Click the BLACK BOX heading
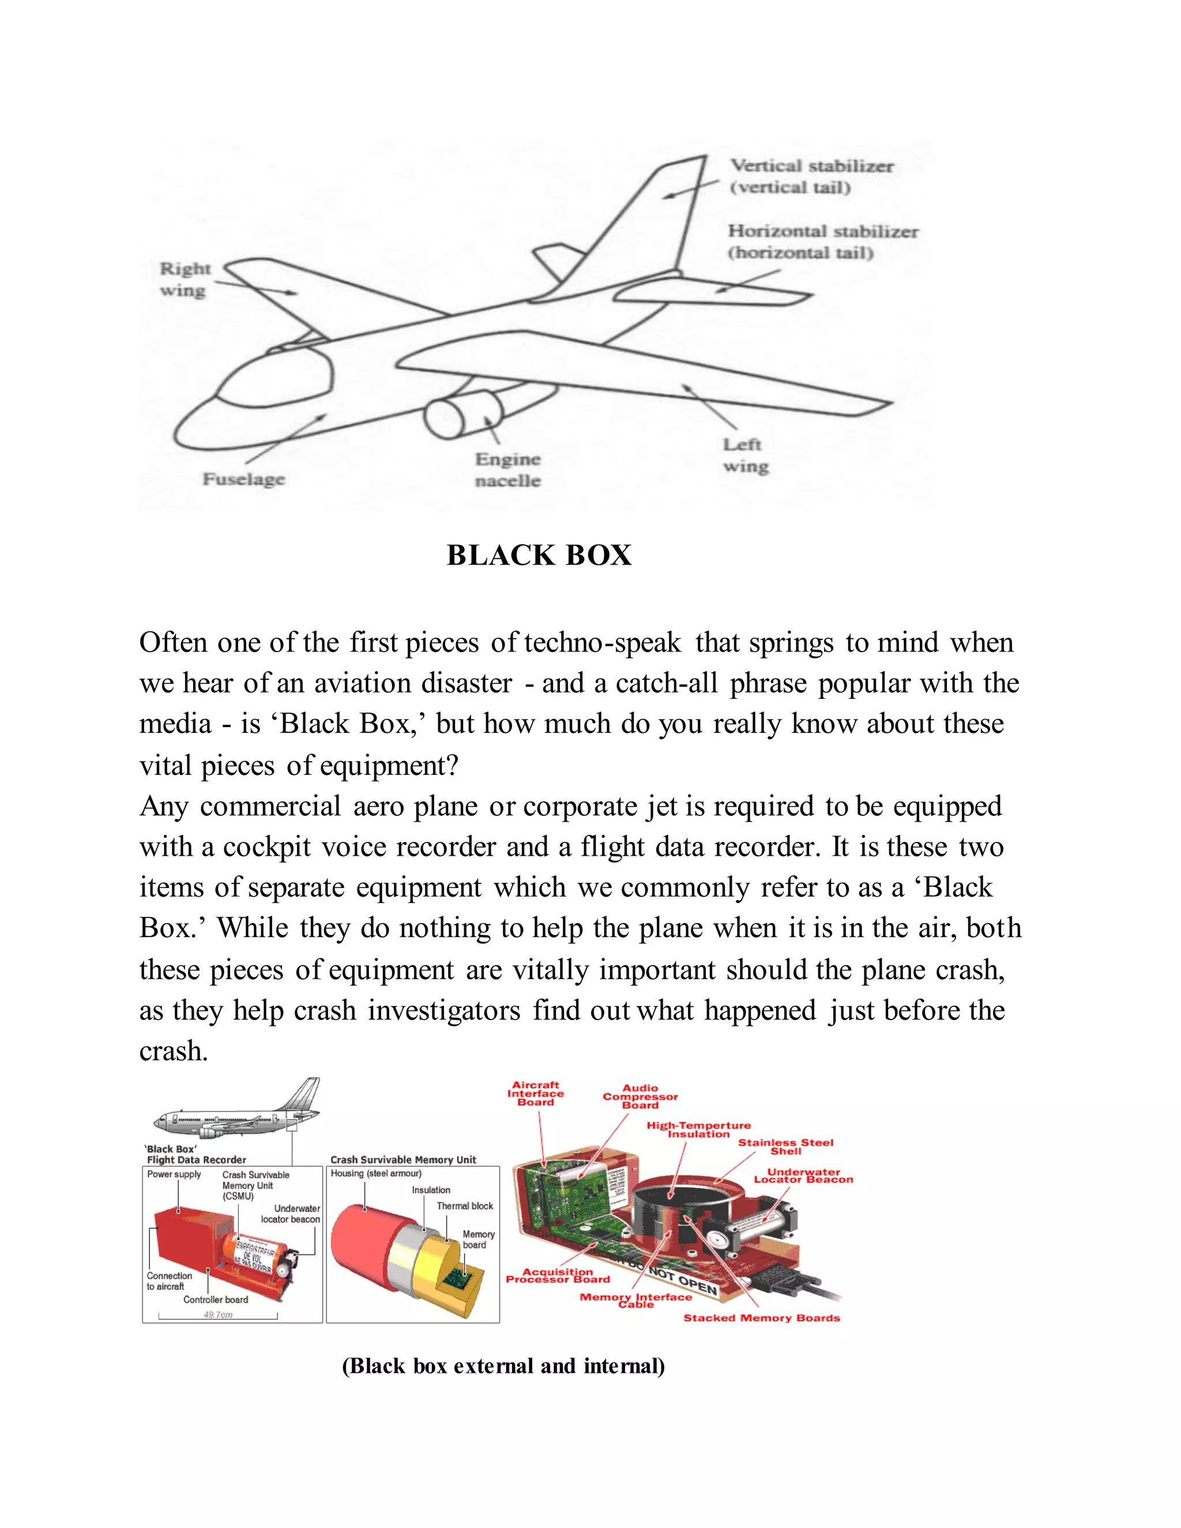click(539, 555)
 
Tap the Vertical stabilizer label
click(811, 176)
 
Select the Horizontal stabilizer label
click(822, 242)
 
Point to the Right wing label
click(184, 279)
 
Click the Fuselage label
click(243, 479)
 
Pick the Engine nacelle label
click(508, 469)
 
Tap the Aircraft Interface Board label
click(535, 1093)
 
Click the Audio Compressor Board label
click(640, 1096)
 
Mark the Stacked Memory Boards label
click(761, 1318)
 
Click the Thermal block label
click(465, 1206)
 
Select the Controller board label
click(216, 1299)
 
